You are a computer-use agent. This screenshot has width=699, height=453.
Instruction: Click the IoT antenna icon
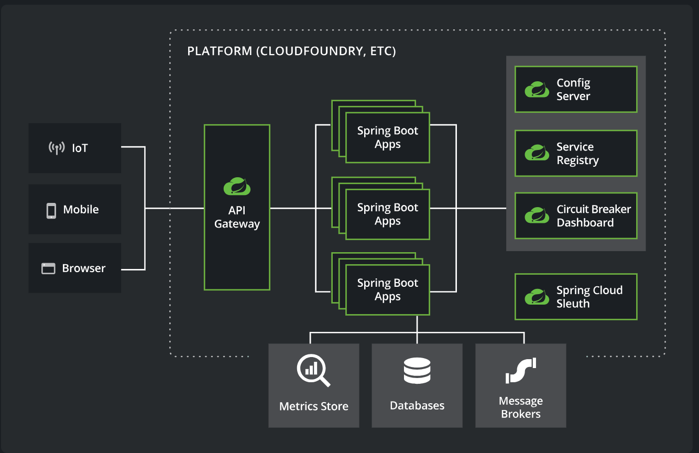tap(57, 148)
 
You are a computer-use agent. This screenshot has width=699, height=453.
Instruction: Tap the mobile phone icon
tap(51, 211)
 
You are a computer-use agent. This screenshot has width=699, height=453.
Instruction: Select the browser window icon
tap(48, 268)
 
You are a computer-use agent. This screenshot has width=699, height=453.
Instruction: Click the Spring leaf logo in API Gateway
tap(237, 186)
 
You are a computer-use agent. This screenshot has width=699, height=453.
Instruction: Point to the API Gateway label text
tap(237, 217)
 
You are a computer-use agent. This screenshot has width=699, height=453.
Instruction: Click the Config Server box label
tap(573, 89)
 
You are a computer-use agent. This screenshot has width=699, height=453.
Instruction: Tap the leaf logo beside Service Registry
tap(537, 153)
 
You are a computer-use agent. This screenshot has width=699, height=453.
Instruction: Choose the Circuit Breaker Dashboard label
tap(594, 215)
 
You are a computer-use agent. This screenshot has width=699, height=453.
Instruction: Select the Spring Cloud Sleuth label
tap(589, 297)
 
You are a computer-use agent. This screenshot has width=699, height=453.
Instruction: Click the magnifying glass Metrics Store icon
tap(313, 370)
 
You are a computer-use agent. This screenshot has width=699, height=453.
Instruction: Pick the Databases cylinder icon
tap(417, 371)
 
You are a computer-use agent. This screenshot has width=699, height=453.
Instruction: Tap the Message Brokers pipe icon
tap(520, 371)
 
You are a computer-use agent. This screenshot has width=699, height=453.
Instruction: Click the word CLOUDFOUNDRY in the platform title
tap(311, 51)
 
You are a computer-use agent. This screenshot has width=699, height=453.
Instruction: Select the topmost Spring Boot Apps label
tap(388, 137)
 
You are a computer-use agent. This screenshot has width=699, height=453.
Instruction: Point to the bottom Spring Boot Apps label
tap(388, 289)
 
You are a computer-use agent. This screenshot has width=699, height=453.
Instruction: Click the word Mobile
tap(81, 210)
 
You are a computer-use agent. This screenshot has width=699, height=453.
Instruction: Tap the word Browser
tap(84, 268)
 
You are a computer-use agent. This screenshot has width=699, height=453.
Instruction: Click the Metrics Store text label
tap(314, 406)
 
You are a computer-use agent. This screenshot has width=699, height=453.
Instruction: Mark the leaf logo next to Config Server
tap(537, 90)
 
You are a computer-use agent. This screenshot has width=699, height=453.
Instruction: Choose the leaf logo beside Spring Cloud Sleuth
tap(537, 297)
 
